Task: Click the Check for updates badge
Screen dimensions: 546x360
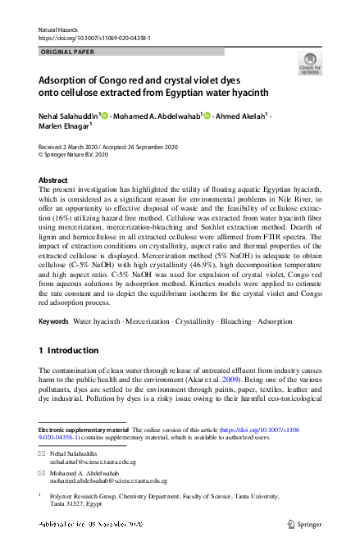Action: click(309, 64)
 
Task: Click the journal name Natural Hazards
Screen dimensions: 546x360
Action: click(60, 30)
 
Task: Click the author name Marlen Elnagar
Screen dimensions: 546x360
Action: click(64, 126)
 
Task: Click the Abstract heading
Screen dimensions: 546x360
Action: click(54, 180)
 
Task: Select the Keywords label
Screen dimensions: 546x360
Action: click(54, 321)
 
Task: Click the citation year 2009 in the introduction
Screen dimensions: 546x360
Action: click(229, 380)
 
